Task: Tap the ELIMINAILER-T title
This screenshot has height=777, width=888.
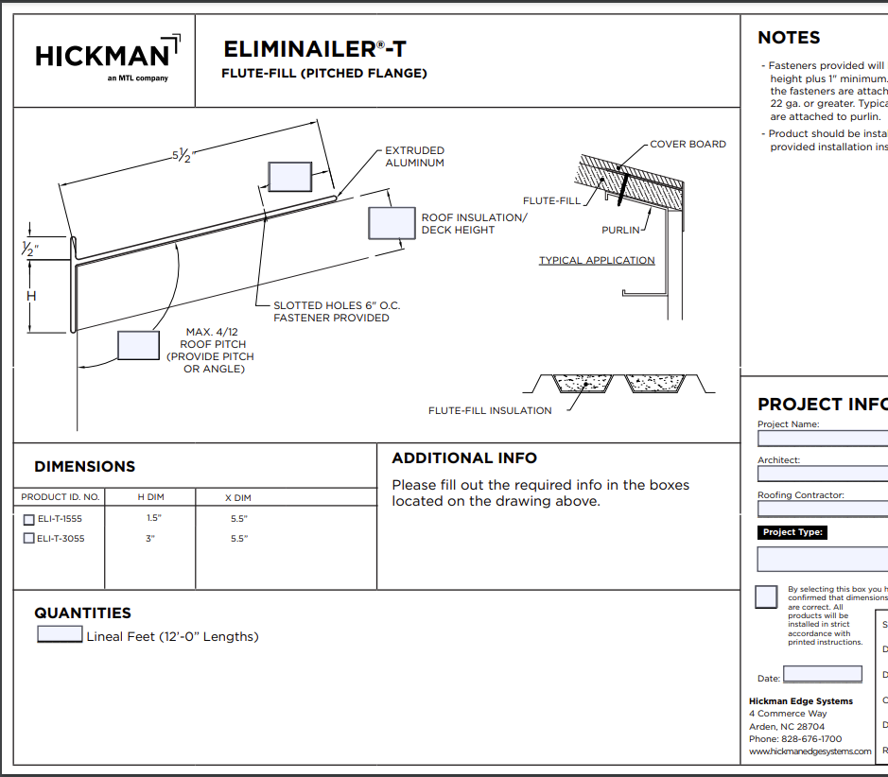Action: point(315,49)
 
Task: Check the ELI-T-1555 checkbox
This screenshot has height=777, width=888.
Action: point(28,520)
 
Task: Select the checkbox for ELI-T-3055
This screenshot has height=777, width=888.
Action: point(28,539)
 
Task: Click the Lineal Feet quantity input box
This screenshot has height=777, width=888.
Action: point(60,635)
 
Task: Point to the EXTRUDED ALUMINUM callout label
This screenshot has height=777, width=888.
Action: point(414,157)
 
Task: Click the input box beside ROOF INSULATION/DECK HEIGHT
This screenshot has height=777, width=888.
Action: point(391,223)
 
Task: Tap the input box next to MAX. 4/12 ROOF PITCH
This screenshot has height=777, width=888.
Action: point(138,345)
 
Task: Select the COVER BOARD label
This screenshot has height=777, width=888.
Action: point(688,145)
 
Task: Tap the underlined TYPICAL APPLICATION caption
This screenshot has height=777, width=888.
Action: point(597,261)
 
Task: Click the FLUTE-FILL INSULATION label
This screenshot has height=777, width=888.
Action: point(490,410)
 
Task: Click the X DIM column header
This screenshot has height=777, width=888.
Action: point(237,497)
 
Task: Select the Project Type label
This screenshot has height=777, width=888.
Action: point(794,532)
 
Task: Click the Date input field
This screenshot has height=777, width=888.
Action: point(823,675)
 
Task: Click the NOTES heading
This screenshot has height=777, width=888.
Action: point(789,38)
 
